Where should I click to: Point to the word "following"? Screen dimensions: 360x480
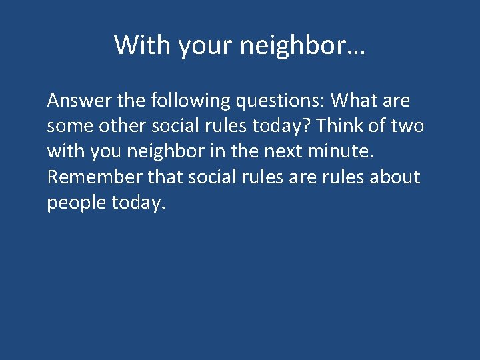tap(190, 101)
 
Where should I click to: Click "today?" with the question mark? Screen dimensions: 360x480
tap(299, 127)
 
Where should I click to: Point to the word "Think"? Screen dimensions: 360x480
tap(359, 127)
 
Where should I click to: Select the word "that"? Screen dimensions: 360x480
tap(165, 177)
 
